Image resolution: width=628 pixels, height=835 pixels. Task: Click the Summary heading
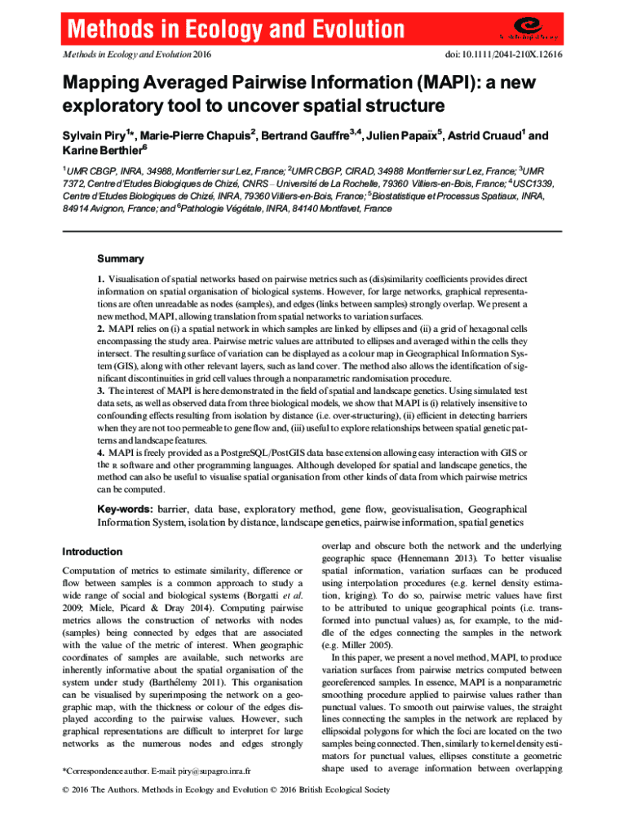(121, 259)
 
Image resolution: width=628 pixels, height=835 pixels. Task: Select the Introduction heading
(93, 551)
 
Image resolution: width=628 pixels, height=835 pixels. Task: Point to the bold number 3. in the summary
(102, 391)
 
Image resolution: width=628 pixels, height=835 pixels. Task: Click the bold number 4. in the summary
(102, 453)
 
